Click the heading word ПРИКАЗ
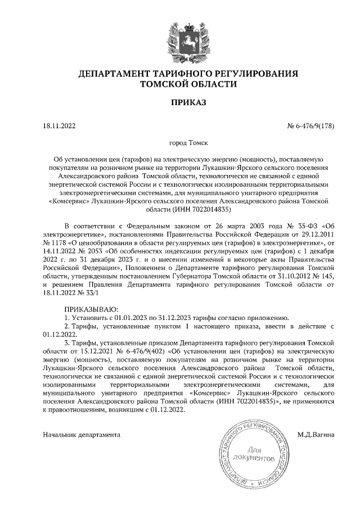tap(180, 102)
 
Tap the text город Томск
tap(180, 143)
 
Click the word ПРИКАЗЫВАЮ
tap(92, 310)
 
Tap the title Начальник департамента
tap(82, 435)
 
